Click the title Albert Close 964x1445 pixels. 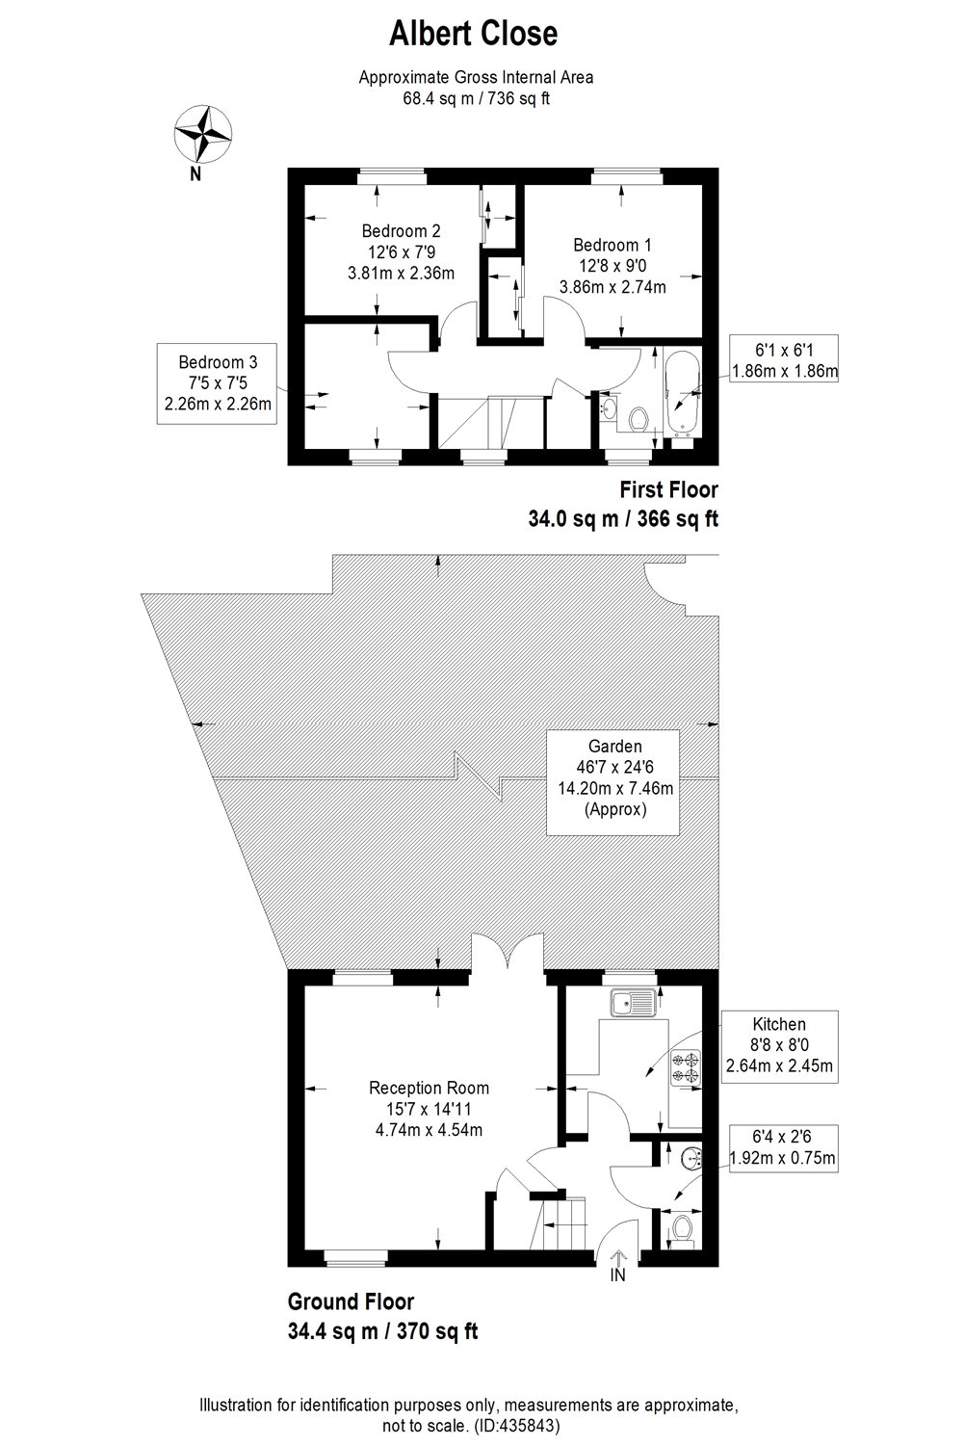pyautogui.click(x=473, y=35)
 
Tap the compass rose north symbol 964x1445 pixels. pyautogui.click(x=202, y=136)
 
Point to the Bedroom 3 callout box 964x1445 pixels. pyautogui.click(x=218, y=383)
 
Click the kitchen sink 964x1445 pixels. pyautogui.click(x=632, y=1003)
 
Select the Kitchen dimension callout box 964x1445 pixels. pyautogui.click(x=779, y=1045)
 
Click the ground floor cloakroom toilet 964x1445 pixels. pyautogui.click(x=682, y=1228)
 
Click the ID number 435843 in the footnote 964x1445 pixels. pyautogui.click(x=519, y=1424)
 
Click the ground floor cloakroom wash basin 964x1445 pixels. pyautogui.click(x=690, y=1156)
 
